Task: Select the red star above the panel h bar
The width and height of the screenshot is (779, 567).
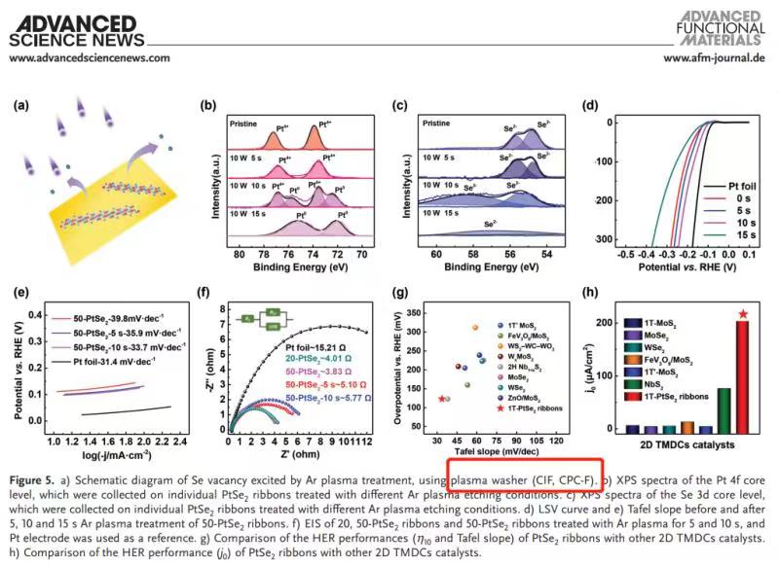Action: (744, 314)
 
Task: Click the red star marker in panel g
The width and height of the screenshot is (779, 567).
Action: (442, 399)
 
